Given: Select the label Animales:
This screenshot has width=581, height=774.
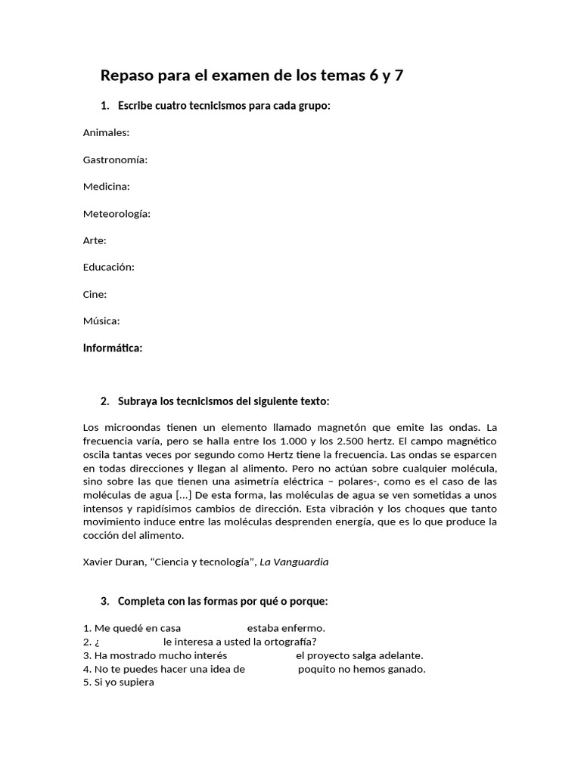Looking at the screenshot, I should click(x=106, y=132).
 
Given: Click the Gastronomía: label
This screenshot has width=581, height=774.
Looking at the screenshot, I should click(x=115, y=159).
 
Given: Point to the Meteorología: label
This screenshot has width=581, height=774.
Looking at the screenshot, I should click(x=117, y=213).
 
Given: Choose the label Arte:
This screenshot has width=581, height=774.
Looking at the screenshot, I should click(x=95, y=240).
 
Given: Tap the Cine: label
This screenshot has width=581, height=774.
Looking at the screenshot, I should click(x=95, y=294).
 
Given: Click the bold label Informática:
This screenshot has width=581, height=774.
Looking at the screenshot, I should click(x=113, y=348).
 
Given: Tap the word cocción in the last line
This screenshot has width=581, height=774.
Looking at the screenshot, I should click(x=102, y=535).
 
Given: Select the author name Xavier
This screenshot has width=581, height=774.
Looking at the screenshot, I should click(x=100, y=562).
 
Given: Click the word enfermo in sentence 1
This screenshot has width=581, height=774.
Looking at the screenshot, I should click(x=304, y=628).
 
